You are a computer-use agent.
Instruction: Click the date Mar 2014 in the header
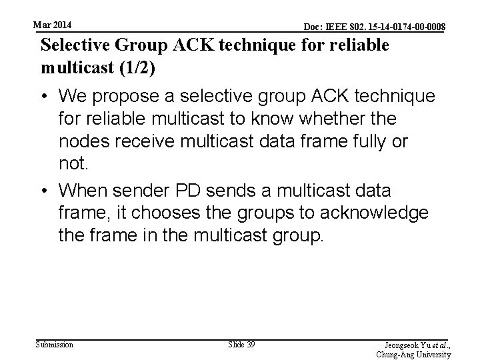[x=53, y=25]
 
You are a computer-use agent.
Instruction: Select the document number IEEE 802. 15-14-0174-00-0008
[x=375, y=27]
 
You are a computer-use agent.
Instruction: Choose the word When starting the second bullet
[x=83, y=191]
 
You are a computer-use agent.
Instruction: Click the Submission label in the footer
[x=55, y=344]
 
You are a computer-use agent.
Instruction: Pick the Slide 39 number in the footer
[x=241, y=344]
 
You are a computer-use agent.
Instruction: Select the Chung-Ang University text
[x=423, y=355]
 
